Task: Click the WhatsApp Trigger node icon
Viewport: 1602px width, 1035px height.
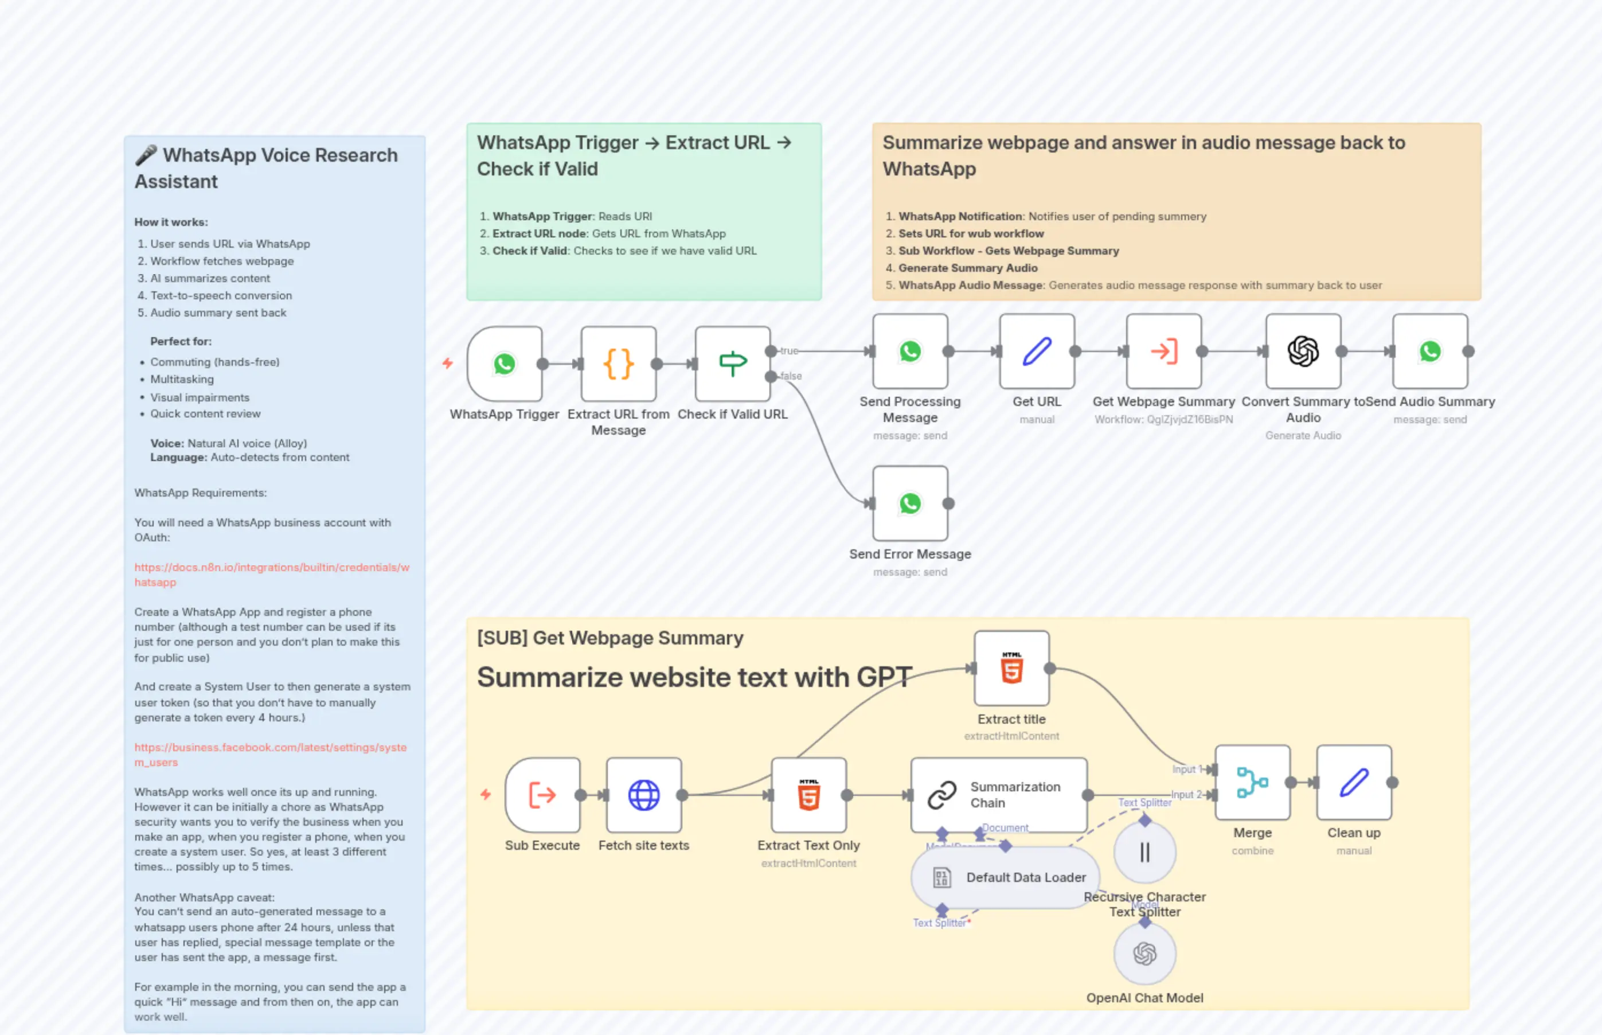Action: click(x=505, y=364)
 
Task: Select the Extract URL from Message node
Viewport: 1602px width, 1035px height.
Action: click(x=618, y=364)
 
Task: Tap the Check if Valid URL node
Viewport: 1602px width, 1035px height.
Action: click(x=732, y=364)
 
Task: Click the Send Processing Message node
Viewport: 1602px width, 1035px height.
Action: click(x=910, y=351)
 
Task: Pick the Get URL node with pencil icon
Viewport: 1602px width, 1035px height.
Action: click(x=1036, y=351)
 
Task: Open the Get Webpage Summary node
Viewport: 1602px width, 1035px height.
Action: click(x=1163, y=351)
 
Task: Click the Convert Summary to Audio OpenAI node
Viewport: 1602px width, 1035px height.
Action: click(x=1303, y=351)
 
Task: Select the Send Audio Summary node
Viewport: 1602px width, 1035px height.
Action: click(x=1429, y=351)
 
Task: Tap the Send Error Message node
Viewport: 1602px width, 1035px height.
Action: click(x=910, y=503)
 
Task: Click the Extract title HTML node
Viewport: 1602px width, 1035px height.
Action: click(x=1011, y=668)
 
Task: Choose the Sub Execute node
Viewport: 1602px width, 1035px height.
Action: click(x=542, y=795)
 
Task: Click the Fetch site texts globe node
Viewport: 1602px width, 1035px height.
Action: click(x=644, y=795)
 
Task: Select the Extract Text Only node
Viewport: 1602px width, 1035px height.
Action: click(x=808, y=795)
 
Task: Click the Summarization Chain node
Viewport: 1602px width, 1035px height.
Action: click(x=999, y=795)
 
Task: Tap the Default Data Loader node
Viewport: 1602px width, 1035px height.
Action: click(x=1005, y=877)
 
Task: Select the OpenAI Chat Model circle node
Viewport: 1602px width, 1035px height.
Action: click(x=1144, y=954)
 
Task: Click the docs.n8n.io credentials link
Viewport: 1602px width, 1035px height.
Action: click(x=271, y=568)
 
